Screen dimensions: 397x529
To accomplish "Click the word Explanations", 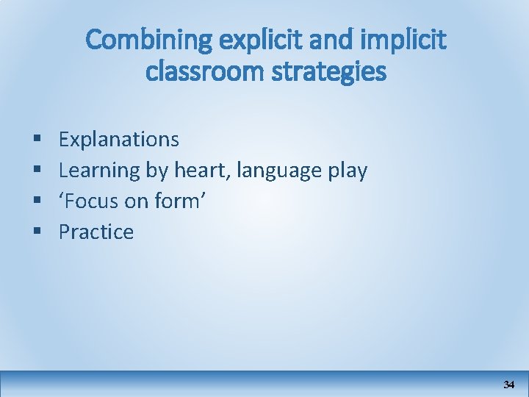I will pos(118,139).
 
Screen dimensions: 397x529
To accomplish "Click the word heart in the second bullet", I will pos(198,171).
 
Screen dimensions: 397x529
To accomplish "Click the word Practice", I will pos(96,232).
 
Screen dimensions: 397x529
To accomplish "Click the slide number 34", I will pos(508,385).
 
